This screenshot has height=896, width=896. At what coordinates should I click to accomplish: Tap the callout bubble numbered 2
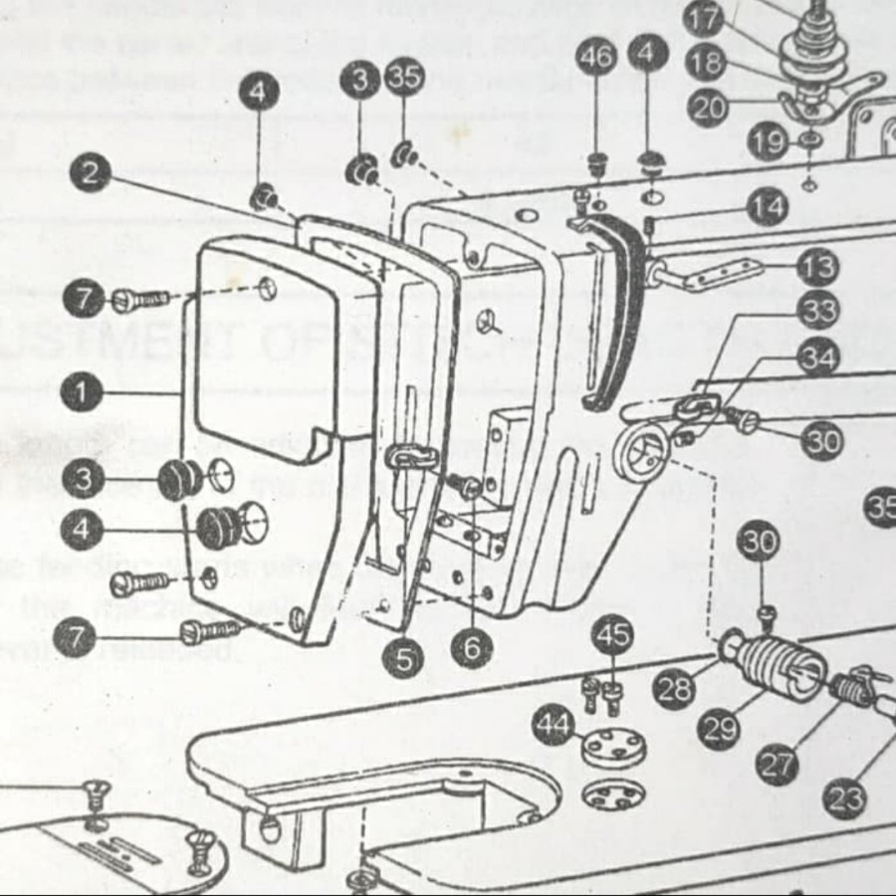[91, 174]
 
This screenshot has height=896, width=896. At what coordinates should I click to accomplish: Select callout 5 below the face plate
[403, 657]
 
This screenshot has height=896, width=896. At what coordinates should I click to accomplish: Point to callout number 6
[471, 648]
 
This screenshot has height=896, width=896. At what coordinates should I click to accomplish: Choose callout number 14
[768, 208]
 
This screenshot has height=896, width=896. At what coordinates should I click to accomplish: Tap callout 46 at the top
[596, 58]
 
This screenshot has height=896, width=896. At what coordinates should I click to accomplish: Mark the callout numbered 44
[553, 724]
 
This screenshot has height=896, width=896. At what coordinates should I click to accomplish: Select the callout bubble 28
[674, 688]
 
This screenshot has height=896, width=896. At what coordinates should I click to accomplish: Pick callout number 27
[778, 765]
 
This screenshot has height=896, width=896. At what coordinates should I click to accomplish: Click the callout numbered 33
[818, 312]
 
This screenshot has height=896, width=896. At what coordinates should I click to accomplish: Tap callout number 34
[818, 356]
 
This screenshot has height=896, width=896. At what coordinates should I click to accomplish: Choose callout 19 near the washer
[768, 142]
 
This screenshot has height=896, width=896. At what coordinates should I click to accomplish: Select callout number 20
[708, 108]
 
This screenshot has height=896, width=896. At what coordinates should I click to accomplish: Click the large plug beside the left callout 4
[220, 527]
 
